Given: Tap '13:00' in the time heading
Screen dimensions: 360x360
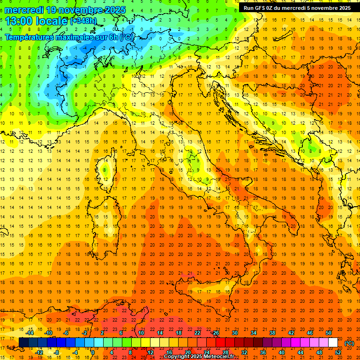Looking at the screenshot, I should pos(19,21).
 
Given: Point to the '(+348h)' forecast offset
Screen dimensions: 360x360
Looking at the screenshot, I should pos(83,21).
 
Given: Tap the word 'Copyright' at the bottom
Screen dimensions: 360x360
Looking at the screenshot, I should pos(177,357).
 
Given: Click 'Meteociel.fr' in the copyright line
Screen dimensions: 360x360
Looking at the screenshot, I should pos(219,357).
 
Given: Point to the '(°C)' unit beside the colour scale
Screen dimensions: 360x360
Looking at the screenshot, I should pos(349,343).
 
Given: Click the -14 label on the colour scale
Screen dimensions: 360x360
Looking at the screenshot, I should pos(30,333).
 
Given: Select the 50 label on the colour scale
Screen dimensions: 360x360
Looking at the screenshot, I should pos(328,333).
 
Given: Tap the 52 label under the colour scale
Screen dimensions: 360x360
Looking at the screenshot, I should pos(338,352).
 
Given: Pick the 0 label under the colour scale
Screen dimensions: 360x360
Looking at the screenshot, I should pos(92,352).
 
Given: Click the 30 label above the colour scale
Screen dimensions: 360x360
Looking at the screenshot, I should pos(234,333).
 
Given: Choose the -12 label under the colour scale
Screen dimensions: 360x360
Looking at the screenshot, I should pos(39,352).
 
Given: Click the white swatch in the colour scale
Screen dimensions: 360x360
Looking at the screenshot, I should pos(333,343).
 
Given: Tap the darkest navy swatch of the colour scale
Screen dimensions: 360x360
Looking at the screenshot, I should pos(23,343).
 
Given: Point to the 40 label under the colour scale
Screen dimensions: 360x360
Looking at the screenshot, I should pos(281,352).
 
